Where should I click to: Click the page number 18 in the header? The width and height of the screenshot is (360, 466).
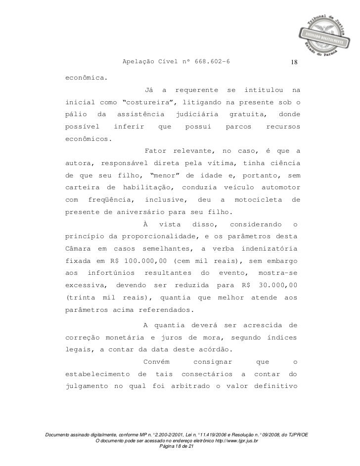coord(294,63)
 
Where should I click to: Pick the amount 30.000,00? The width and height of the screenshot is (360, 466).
coord(279,285)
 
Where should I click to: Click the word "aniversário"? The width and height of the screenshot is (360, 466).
coord(139,212)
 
